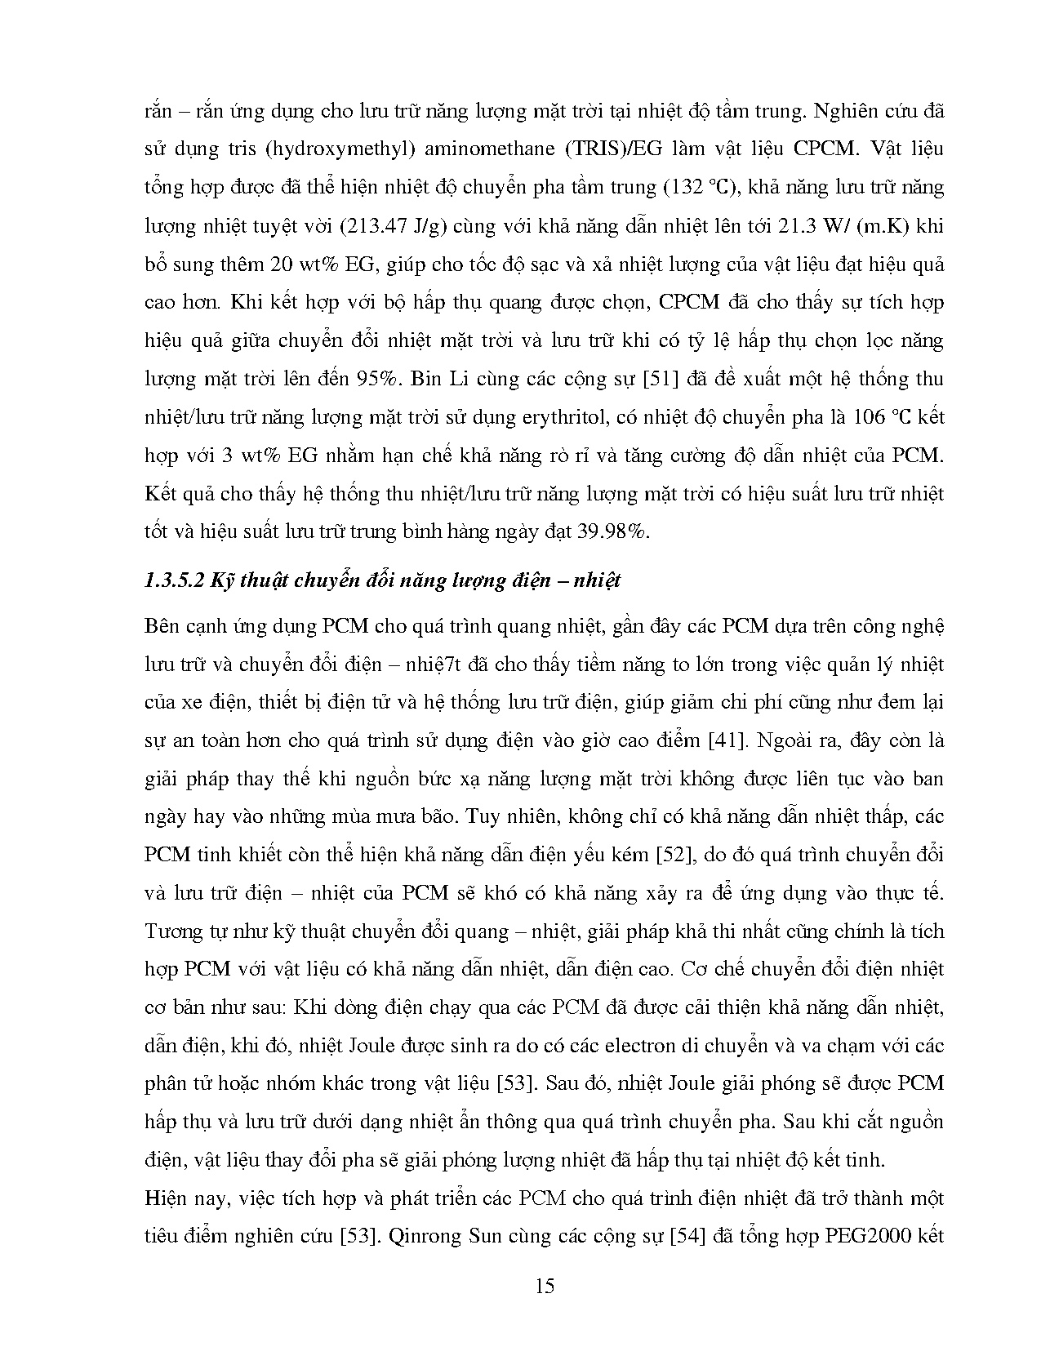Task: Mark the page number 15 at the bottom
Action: (x=545, y=1287)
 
